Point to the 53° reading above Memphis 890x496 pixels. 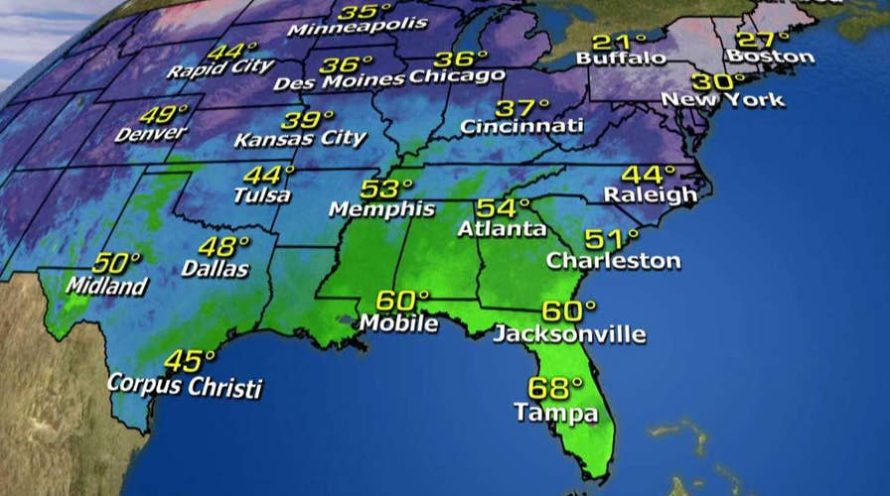387,189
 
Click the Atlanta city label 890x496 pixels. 503,229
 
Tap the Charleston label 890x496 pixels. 614,261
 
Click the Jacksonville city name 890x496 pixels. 569,333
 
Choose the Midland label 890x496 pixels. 107,286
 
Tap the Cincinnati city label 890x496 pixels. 520,127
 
